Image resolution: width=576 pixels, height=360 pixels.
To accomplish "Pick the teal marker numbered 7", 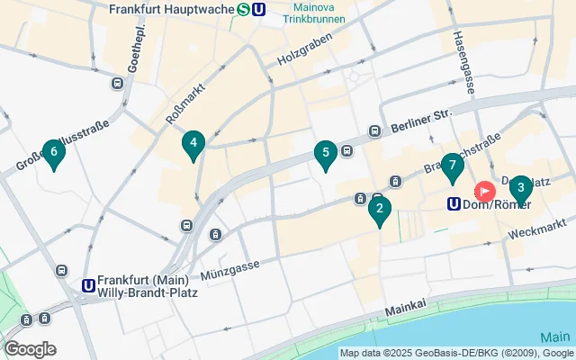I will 453,166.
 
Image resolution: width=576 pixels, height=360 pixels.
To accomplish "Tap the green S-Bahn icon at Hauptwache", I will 244,10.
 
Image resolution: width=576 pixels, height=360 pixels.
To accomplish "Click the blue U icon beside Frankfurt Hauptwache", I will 259,10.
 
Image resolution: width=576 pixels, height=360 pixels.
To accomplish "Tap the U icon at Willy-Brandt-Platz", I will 88,285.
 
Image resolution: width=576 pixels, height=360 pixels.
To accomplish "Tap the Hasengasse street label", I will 463,63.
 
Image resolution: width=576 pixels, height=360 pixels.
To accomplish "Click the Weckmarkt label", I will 536,229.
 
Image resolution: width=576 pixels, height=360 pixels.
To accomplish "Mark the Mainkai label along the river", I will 403,310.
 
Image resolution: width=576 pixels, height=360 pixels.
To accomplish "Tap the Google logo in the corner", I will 30,348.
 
